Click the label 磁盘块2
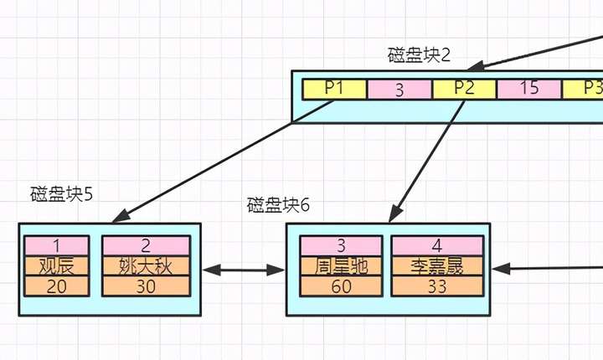pos(419,56)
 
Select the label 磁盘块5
pos(61,194)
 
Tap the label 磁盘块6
pos(278,205)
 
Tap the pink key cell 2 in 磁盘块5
pos(146,245)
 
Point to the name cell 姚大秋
pos(146,265)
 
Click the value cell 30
pos(146,285)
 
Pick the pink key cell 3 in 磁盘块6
pos(342,245)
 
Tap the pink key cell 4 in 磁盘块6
pos(437,245)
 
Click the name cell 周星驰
pos(342,265)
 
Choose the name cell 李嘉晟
pos(437,265)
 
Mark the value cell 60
pos(342,285)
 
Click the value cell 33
pos(437,285)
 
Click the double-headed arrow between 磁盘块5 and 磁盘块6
pos(244,270)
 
